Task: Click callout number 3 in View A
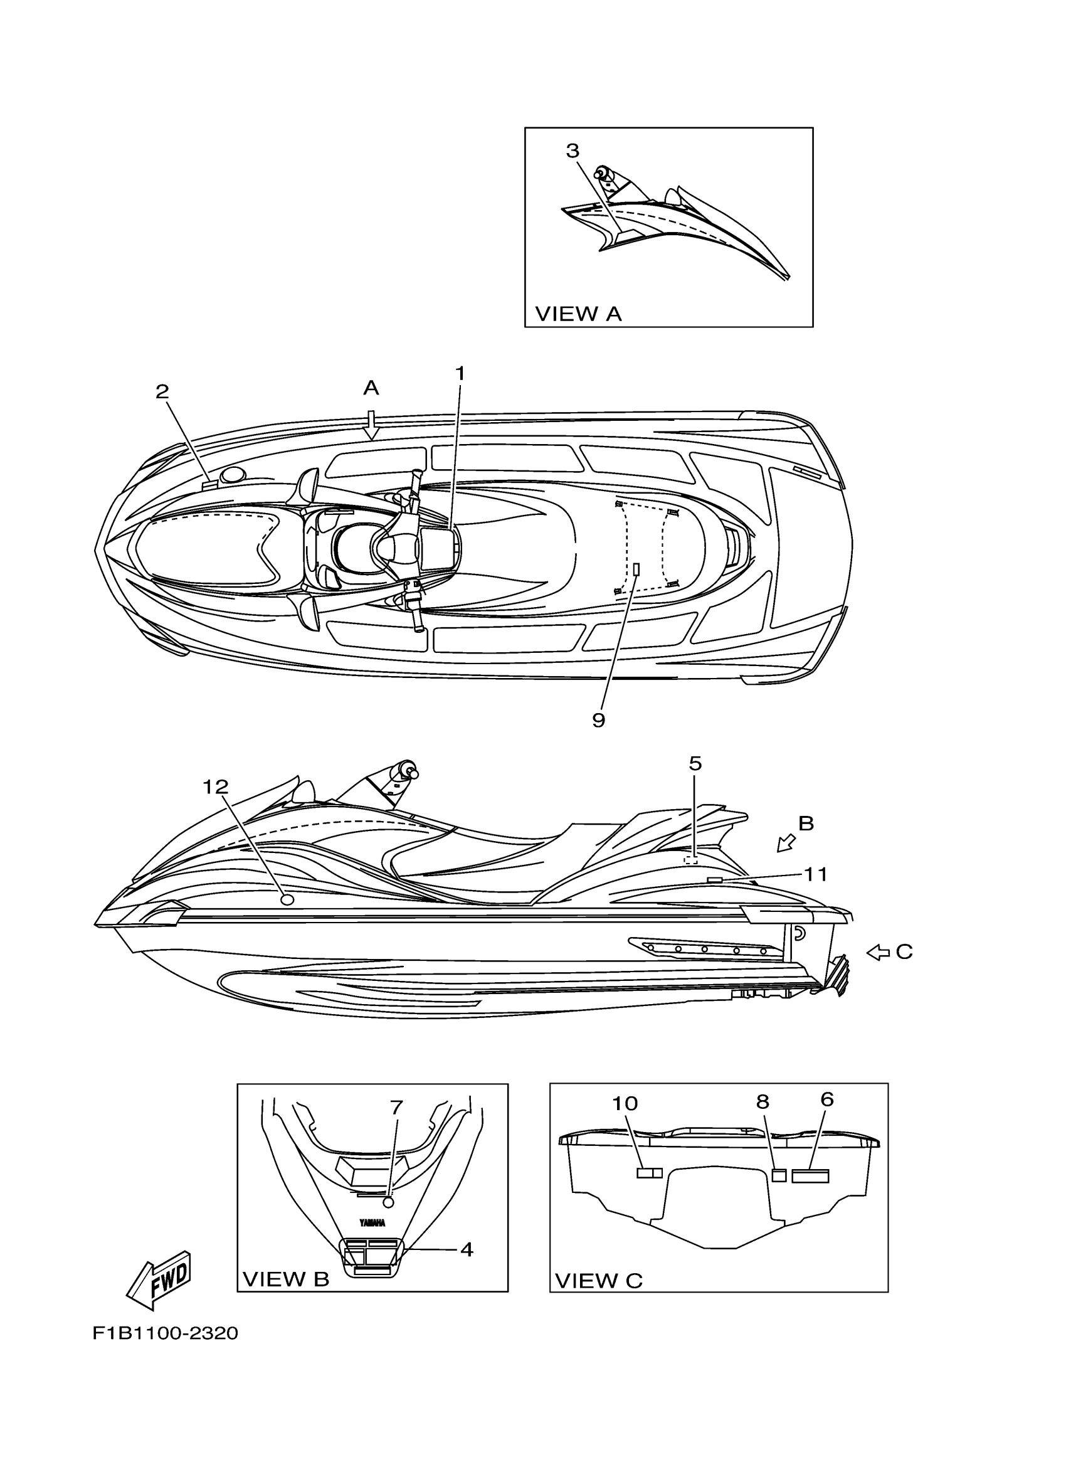click(572, 151)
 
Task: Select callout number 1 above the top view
click(460, 374)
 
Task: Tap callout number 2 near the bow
click(162, 391)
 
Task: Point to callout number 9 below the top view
click(598, 720)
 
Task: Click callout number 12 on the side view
click(216, 787)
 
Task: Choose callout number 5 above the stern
click(695, 764)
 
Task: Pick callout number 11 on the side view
click(816, 875)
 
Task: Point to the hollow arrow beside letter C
click(878, 952)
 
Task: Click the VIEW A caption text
click(578, 314)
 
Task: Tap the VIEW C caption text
click(599, 1281)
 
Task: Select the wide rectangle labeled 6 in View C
click(810, 1175)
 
